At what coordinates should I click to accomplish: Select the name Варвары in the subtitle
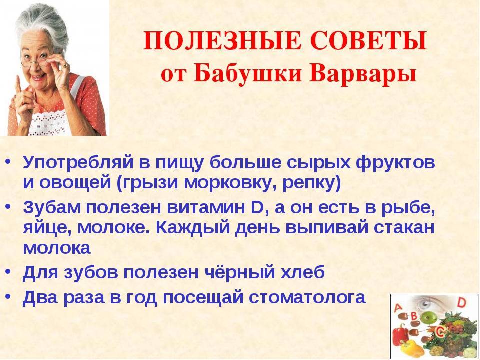pos(363,74)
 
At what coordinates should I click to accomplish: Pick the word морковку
pos(227,183)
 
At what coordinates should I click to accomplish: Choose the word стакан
pos(404,228)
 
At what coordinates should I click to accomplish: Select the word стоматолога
pos(307,297)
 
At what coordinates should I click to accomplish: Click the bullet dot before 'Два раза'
pos(8,297)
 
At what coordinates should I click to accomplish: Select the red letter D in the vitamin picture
pos(462,303)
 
